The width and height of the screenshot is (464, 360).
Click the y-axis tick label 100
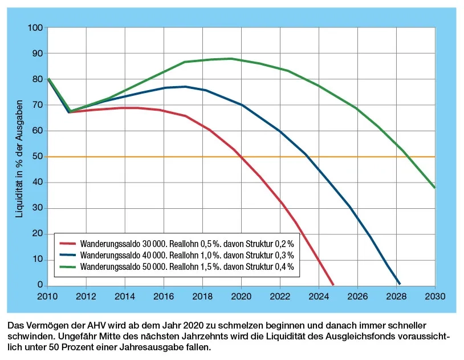[x=36, y=28]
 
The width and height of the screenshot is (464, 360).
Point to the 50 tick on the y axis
[x=38, y=156]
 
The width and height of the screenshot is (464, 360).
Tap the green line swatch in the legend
[x=68, y=266]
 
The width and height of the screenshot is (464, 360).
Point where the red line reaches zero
[x=333, y=285]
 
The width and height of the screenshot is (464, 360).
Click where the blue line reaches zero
[x=400, y=284]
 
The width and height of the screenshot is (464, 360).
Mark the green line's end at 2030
[x=434, y=188]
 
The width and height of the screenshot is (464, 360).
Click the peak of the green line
[x=230, y=58]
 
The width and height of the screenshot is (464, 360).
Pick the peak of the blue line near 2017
[x=184, y=87]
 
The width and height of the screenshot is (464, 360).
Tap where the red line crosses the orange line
[x=239, y=156]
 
